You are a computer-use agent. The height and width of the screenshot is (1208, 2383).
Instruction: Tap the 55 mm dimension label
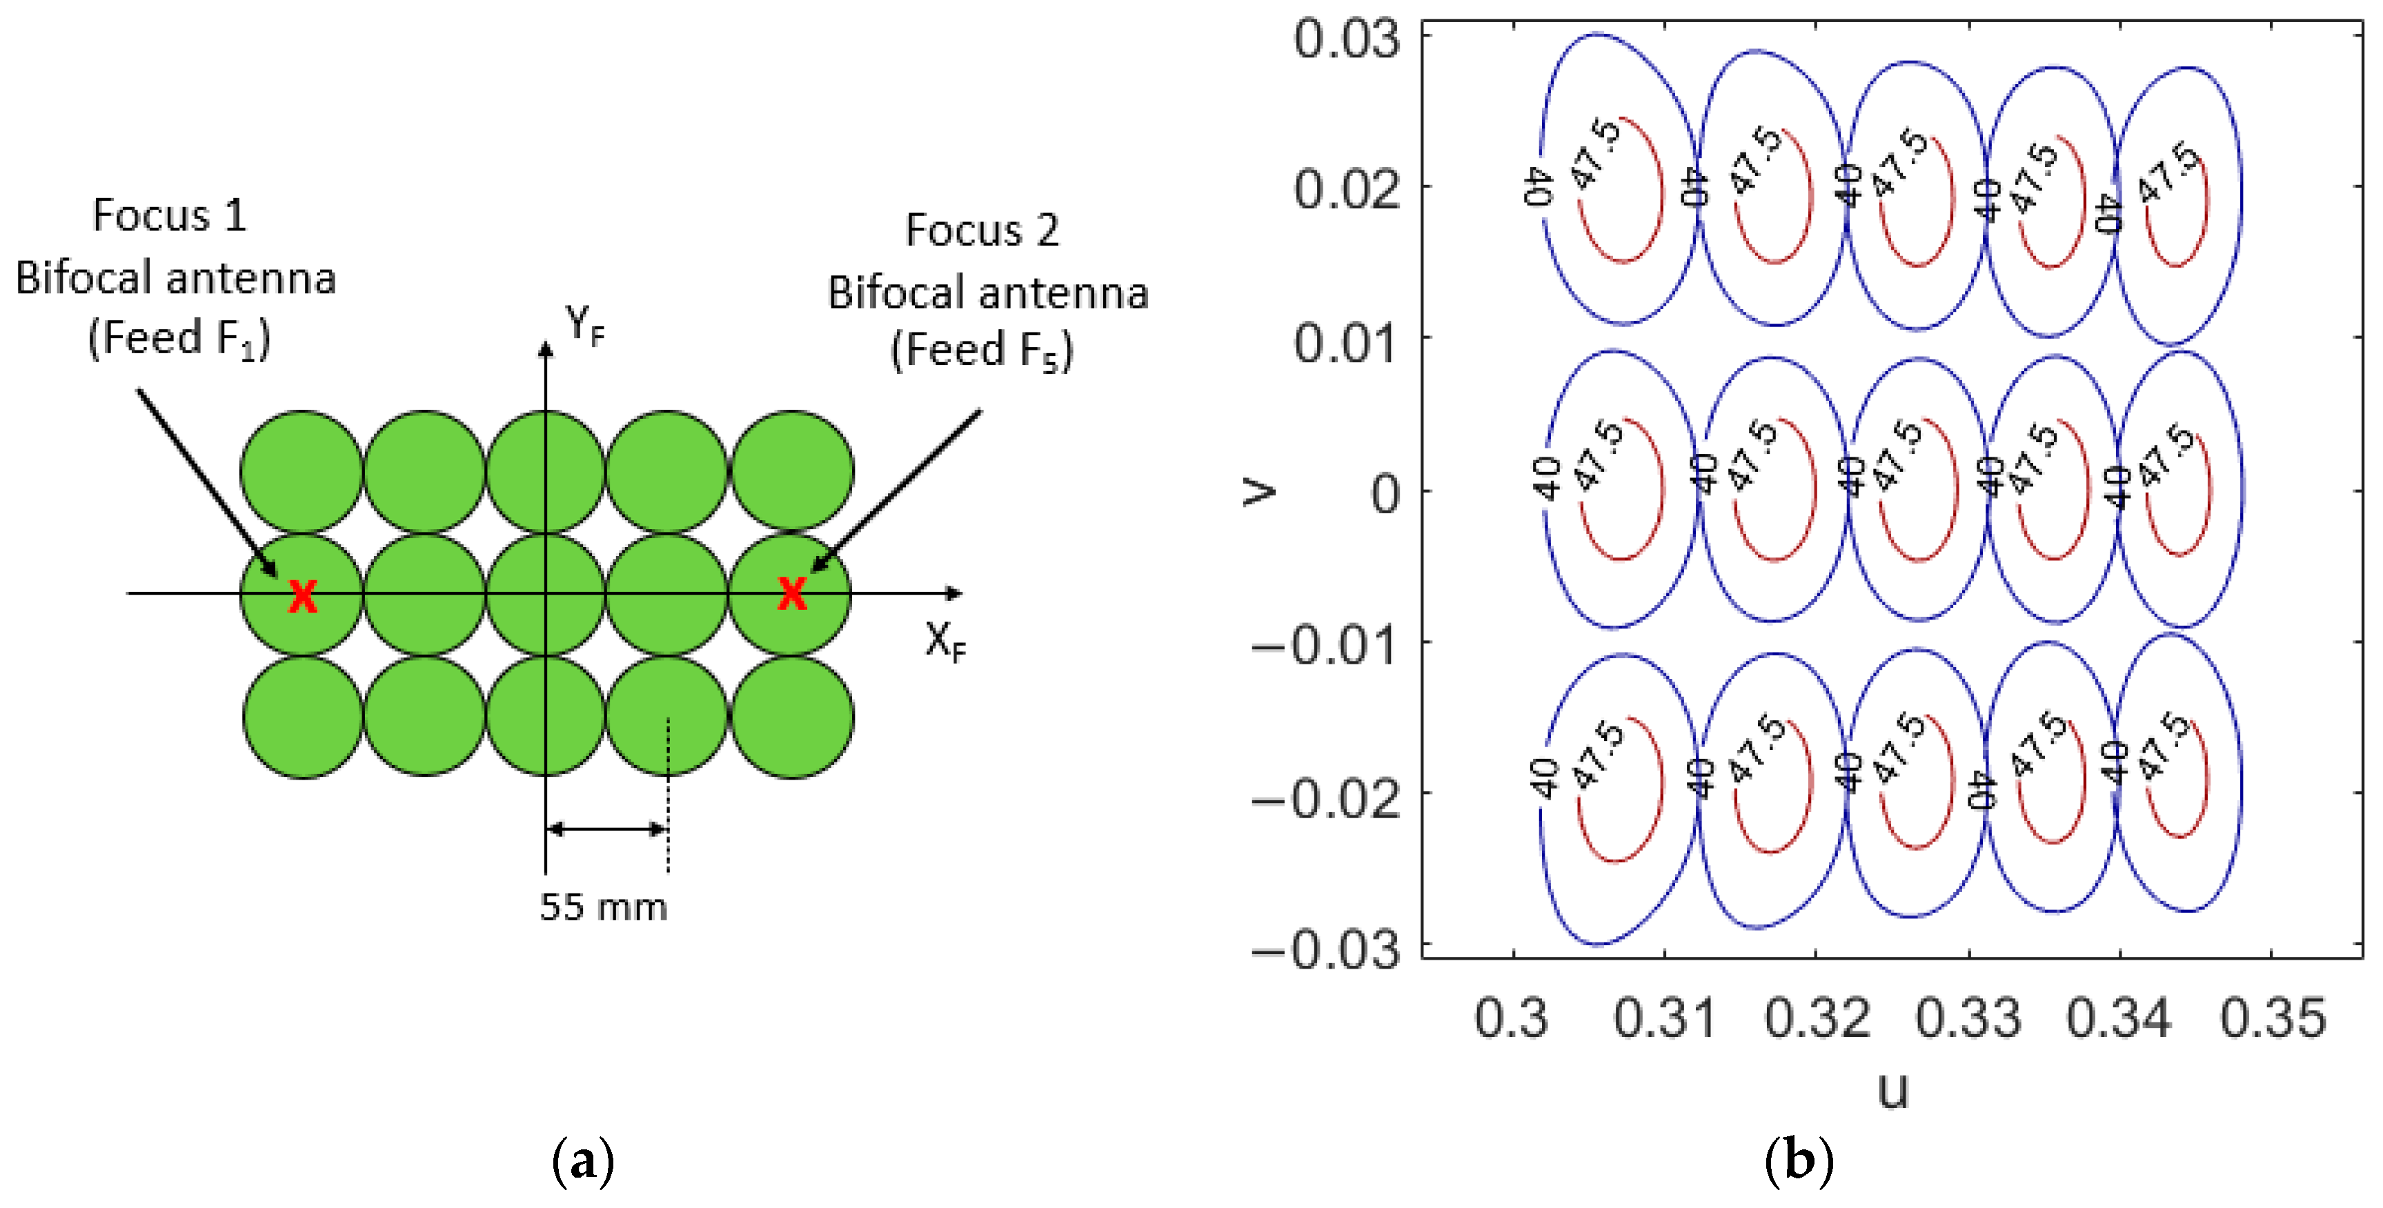pyautogui.click(x=603, y=907)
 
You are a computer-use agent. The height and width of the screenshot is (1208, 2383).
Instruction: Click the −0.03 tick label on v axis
pyautogui.click(x=1325, y=949)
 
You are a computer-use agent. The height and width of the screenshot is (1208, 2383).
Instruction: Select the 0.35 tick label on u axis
pyautogui.click(x=2273, y=1018)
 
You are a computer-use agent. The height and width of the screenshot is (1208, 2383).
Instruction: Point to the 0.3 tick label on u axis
pyautogui.click(x=1511, y=1018)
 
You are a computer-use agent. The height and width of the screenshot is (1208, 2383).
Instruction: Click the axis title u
pyautogui.click(x=1892, y=1089)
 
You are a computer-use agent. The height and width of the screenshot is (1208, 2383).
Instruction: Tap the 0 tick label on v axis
pyautogui.click(x=1385, y=494)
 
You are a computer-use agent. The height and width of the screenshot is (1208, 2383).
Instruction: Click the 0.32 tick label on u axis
pyautogui.click(x=1817, y=1018)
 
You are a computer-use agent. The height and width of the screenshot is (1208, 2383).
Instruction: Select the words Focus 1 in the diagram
pyautogui.click(x=170, y=215)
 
